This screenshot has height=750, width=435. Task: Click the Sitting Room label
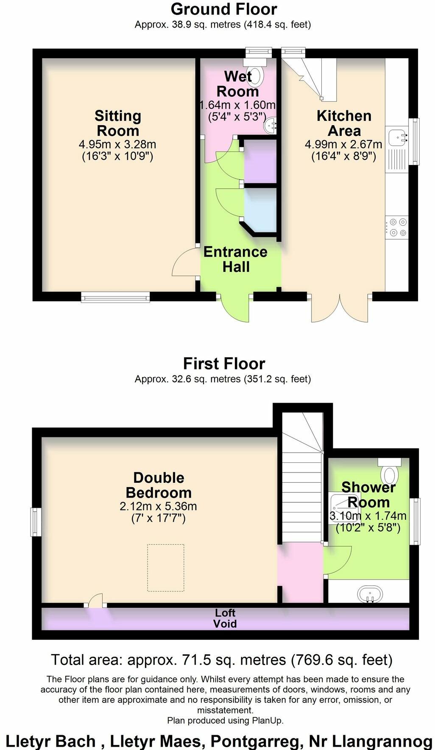tap(117, 123)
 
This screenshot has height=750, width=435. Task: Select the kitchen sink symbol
tap(396, 137)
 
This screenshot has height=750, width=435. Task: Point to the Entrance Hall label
tap(236, 259)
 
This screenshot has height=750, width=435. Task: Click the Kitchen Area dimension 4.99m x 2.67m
tap(343, 145)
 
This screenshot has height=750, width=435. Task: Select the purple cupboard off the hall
tap(260, 161)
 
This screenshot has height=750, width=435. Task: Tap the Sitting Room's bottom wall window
tap(115, 297)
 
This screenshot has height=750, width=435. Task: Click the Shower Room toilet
tap(389, 471)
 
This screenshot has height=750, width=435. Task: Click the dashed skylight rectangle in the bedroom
tap(166, 568)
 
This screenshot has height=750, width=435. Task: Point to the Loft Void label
tap(225, 618)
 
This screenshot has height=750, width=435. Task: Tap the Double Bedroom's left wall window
tap(36, 522)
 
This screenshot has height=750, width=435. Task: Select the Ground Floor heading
tap(224, 9)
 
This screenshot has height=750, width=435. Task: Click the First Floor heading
tap(224, 364)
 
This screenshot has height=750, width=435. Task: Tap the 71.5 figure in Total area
tap(198, 660)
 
